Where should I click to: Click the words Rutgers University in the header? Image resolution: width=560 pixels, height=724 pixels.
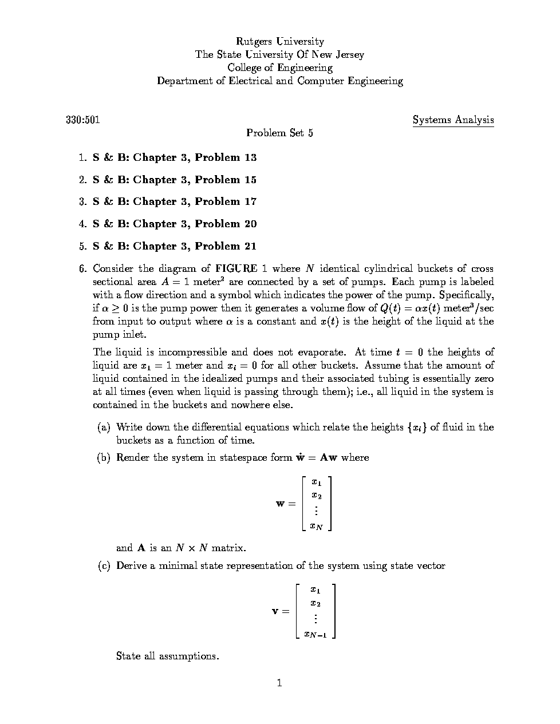(x=280, y=41)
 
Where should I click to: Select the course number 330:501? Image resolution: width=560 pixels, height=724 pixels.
(x=83, y=120)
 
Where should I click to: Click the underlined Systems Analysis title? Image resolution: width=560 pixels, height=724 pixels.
(x=453, y=120)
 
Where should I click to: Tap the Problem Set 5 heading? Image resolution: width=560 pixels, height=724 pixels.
(x=279, y=133)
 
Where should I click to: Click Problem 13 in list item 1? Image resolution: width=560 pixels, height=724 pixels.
(x=226, y=157)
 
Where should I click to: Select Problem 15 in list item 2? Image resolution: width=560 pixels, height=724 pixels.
(x=226, y=180)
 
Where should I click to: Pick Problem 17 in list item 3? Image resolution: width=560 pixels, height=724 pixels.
(x=226, y=201)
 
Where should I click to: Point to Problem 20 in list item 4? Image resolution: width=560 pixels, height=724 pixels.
(x=226, y=224)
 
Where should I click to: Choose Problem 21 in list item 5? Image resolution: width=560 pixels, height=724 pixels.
(x=226, y=246)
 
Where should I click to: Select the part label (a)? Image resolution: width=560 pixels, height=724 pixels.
(x=104, y=427)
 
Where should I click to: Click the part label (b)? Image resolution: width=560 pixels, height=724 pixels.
(x=104, y=457)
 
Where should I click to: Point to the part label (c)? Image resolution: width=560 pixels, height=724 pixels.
(x=104, y=565)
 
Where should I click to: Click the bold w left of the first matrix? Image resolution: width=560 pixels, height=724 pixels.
(x=281, y=504)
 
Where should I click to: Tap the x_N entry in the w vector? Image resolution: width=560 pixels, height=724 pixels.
(x=316, y=525)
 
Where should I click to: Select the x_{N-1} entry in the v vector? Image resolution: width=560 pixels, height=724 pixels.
(x=316, y=634)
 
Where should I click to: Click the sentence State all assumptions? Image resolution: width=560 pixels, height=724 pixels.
(x=167, y=656)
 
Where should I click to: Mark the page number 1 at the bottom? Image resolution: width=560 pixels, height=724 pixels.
(x=279, y=683)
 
